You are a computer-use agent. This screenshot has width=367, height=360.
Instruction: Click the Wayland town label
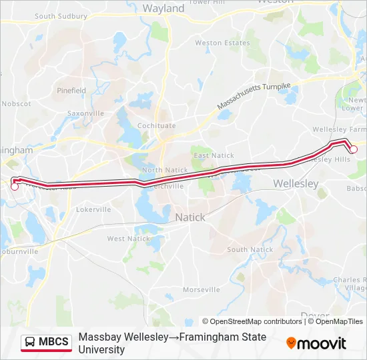163,9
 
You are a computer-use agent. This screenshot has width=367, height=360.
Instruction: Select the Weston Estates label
218,43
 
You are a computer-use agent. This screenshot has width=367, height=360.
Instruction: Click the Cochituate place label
156,125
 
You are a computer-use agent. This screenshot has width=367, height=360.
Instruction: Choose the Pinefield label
71,90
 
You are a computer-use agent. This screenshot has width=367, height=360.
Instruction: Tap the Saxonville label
85,113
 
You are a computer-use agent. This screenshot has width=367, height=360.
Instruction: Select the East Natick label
214,155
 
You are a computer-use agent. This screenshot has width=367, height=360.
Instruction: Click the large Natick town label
190,217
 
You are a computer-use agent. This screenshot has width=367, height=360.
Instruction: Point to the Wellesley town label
296,183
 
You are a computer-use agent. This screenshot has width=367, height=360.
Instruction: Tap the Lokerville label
93,209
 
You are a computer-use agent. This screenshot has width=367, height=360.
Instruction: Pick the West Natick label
129,239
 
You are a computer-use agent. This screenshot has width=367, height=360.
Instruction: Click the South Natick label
250,249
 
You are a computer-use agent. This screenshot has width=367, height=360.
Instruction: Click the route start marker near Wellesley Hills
354,149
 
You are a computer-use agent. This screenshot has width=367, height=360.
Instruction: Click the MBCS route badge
46,343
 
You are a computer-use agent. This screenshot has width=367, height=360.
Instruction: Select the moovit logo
316,343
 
